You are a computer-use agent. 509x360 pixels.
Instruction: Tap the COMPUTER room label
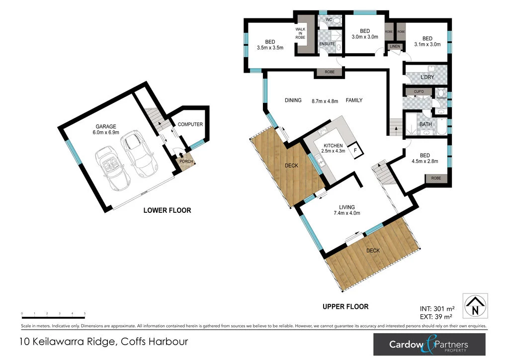point(190,124)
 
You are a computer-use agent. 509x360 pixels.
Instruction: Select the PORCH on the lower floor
point(186,162)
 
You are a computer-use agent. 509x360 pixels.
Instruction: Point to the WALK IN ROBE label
point(300,33)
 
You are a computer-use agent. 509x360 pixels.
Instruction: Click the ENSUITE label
point(327,44)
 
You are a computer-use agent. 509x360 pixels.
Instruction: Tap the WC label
point(329,20)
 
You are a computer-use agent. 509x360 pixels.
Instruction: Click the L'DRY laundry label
point(427,78)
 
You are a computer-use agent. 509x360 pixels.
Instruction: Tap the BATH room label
point(425,124)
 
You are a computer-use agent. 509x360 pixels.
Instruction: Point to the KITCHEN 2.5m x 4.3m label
point(332,148)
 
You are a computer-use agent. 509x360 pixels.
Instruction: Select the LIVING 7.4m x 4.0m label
point(347,210)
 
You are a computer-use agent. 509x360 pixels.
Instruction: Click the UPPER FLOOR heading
point(345,307)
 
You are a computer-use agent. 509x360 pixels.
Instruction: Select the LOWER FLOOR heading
point(167,210)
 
